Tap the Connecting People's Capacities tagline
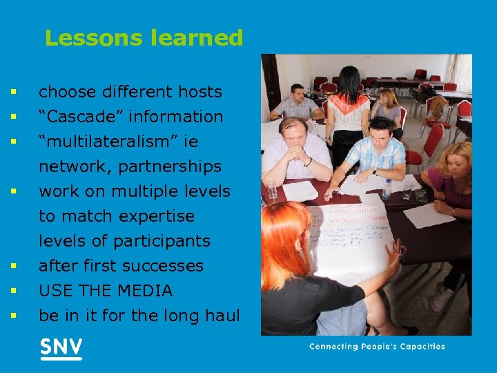click(x=377, y=347)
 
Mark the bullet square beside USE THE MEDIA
click(x=12, y=291)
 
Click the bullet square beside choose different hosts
click(x=12, y=92)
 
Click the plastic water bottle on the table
click(x=387, y=188)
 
